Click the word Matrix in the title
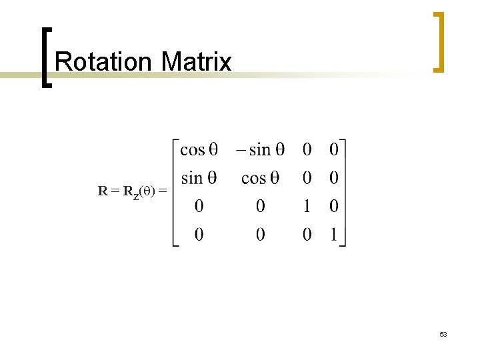(196, 62)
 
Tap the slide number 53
(443, 334)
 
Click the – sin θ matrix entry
(260, 149)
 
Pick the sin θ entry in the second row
(199, 178)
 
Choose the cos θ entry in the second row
(260, 178)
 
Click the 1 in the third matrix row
(307, 207)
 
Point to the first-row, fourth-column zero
(334, 149)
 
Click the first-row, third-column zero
(307, 149)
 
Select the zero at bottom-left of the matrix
(199, 234)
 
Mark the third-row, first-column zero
(199, 207)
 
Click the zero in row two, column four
(334, 178)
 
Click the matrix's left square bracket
(175, 193)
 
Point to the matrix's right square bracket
(344, 193)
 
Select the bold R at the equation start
(103, 192)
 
